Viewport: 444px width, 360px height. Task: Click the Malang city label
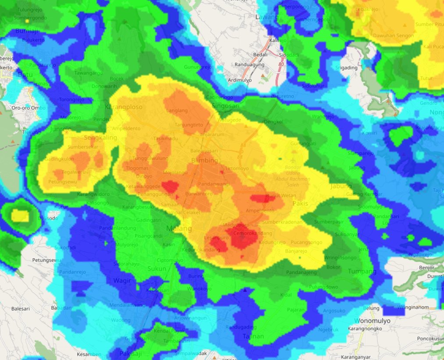179,229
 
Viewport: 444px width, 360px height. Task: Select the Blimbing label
204,160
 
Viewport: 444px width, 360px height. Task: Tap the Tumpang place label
362,272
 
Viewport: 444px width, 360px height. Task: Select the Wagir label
122,280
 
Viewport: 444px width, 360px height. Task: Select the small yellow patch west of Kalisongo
20,215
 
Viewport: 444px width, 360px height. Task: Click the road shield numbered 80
281,64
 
